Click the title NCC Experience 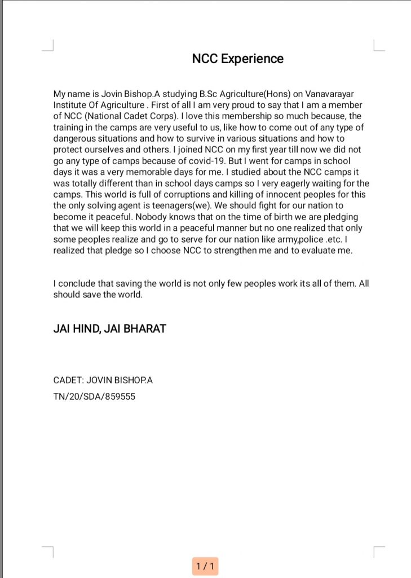click(238, 59)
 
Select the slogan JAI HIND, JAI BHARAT click(109, 329)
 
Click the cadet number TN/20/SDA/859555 click(94, 396)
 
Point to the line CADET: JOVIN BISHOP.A click(103, 380)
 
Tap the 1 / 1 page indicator click(205, 565)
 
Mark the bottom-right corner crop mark click(378, 551)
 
